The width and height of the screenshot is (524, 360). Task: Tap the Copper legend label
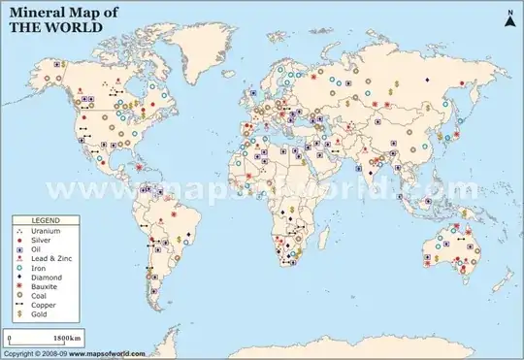(x=42, y=306)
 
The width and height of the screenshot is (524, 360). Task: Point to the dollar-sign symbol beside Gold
(x=19, y=314)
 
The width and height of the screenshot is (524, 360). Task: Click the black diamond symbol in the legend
(x=19, y=278)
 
